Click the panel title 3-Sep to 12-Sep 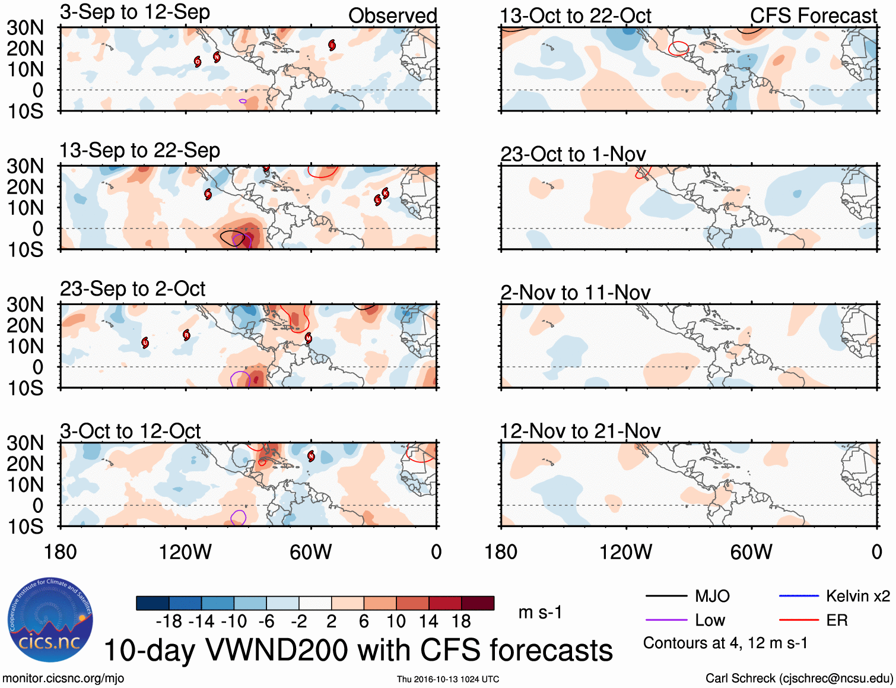(x=135, y=12)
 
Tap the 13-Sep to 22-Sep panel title (x=139, y=150)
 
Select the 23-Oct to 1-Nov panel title (x=573, y=154)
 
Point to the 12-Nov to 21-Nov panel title (x=580, y=431)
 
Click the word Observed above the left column (x=392, y=16)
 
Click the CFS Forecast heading (x=813, y=16)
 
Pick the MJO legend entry (x=712, y=596)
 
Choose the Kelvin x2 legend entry (x=857, y=596)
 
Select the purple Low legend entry (x=710, y=620)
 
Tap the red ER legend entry (x=837, y=620)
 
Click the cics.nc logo (x=50, y=620)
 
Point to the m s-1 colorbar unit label (x=540, y=612)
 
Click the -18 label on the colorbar (x=169, y=622)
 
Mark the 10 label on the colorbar (x=396, y=622)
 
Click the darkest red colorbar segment (x=478, y=603)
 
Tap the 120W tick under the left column (x=185, y=552)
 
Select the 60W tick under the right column (x=751, y=552)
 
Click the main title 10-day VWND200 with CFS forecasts (x=358, y=650)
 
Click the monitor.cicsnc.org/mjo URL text (x=63, y=679)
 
